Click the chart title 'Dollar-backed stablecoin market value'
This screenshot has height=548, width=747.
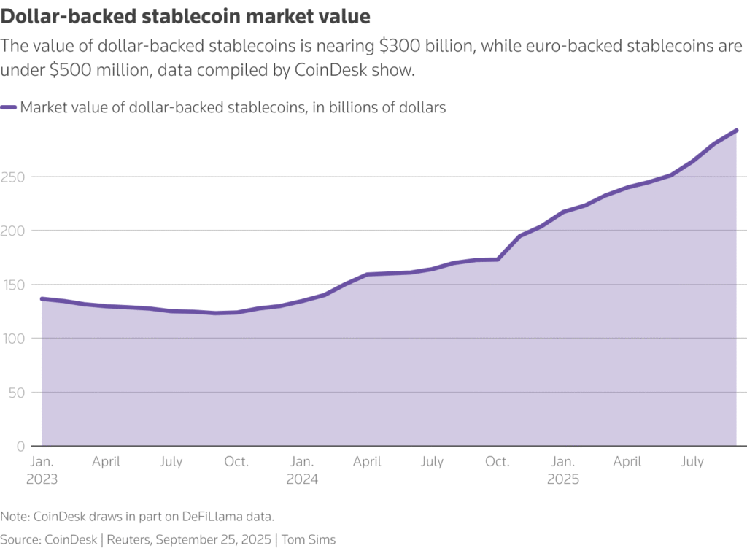pyautogui.click(x=186, y=15)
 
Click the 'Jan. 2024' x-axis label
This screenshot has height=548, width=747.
pyautogui.click(x=303, y=471)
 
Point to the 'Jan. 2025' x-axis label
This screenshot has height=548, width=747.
pyautogui.click(x=562, y=471)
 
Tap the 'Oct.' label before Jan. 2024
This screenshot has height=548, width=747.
pyautogui.click(x=236, y=462)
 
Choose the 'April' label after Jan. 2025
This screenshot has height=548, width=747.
pyautogui.click(x=627, y=462)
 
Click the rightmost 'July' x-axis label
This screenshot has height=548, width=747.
pyautogui.click(x=692, y=462)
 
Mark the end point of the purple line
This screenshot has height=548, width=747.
pyautogui.click(x=736, y=131)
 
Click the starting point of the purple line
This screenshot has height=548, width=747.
pyautogui.click(x=42, y=298)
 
